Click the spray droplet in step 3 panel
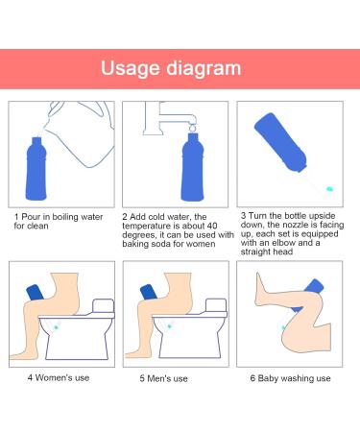329,189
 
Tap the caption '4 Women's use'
58,377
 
